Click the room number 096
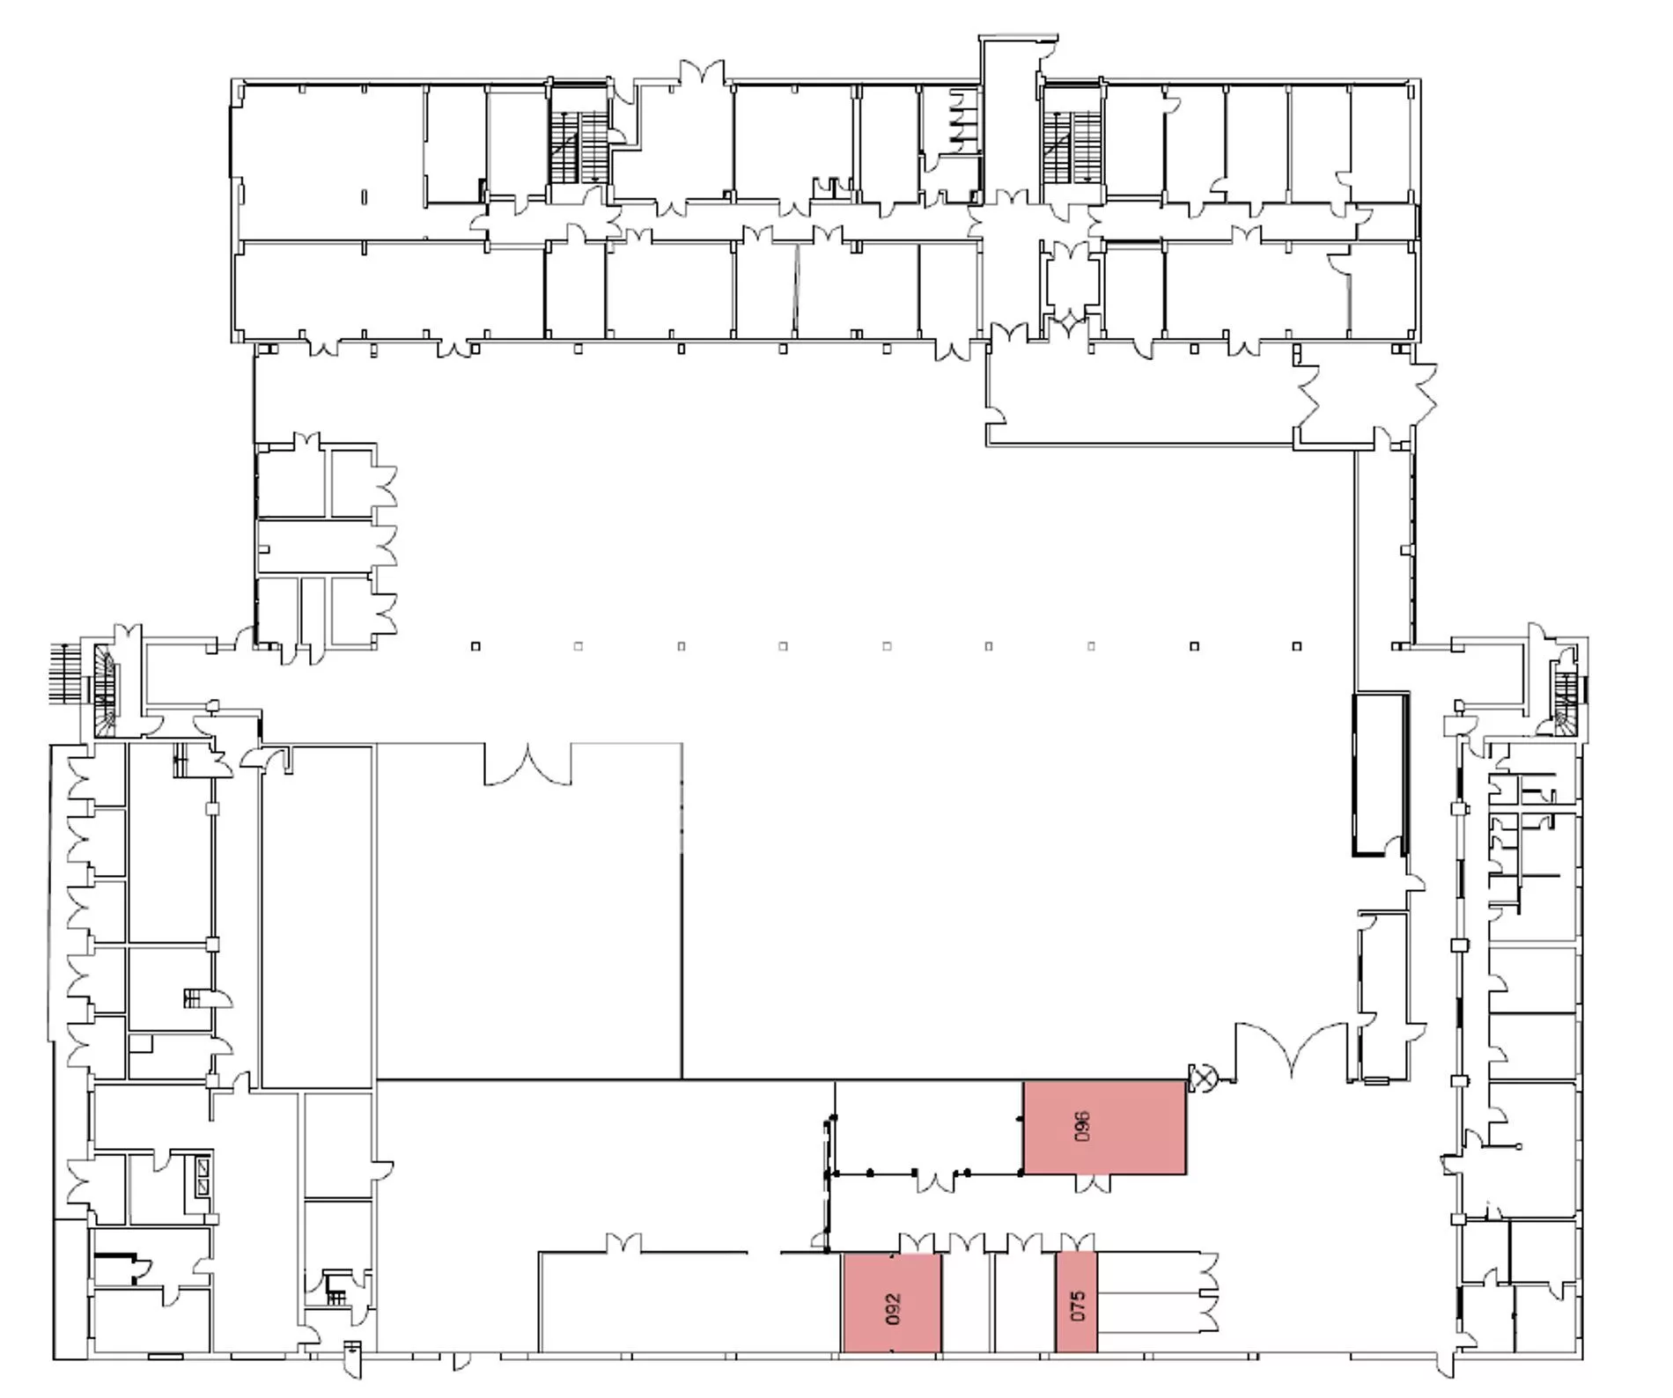[x=1082, y=1126]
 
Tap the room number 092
[x=892, y=1309]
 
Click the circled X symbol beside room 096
[x=1202, y=1077]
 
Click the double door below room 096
[x=1093, y=1183]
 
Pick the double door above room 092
[x=917, y=1242]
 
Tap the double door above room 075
[x=1076, y=1242]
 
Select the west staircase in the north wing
[x=579, y=148]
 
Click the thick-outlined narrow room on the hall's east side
[x=1380, y=774]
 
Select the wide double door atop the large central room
[x=527, y=764]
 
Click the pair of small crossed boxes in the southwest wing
[x=204, y=1177]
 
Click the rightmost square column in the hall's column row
[x=1296, y=646]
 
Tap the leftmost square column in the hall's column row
[x=475, y=646]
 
